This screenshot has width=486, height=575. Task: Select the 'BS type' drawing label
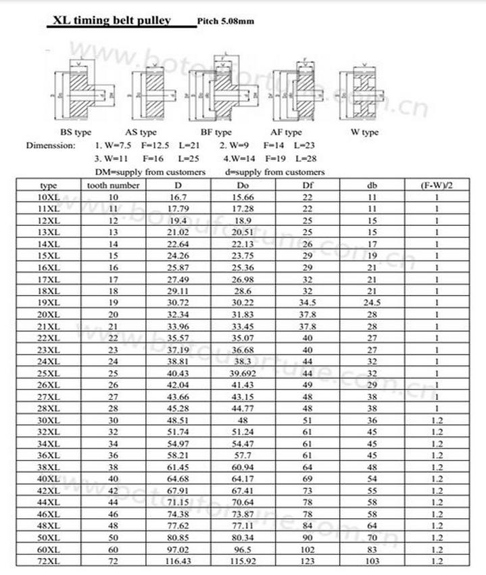click(x=76, y=132)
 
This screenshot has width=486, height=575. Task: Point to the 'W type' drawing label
click(x=364, y=132)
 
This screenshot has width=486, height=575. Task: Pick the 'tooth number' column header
click(x=114, y=185)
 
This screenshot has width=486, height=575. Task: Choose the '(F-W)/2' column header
click(x=437, y=185)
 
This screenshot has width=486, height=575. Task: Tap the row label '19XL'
click(x=49, y=302)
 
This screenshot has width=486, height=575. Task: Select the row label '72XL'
click(x=49, y=561)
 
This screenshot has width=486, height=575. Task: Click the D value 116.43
click(x=177, y=561)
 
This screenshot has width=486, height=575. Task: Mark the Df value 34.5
click(x=308, y=302)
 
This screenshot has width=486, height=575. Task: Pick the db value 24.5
click(x=372, y=302)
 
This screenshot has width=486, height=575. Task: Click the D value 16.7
click(x=177, y=197)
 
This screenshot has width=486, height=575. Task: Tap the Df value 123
click(x=308, y=561)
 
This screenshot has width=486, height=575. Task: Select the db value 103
click(x=372, y=561)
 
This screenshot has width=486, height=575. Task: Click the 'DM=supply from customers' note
click(x=150, y=172)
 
